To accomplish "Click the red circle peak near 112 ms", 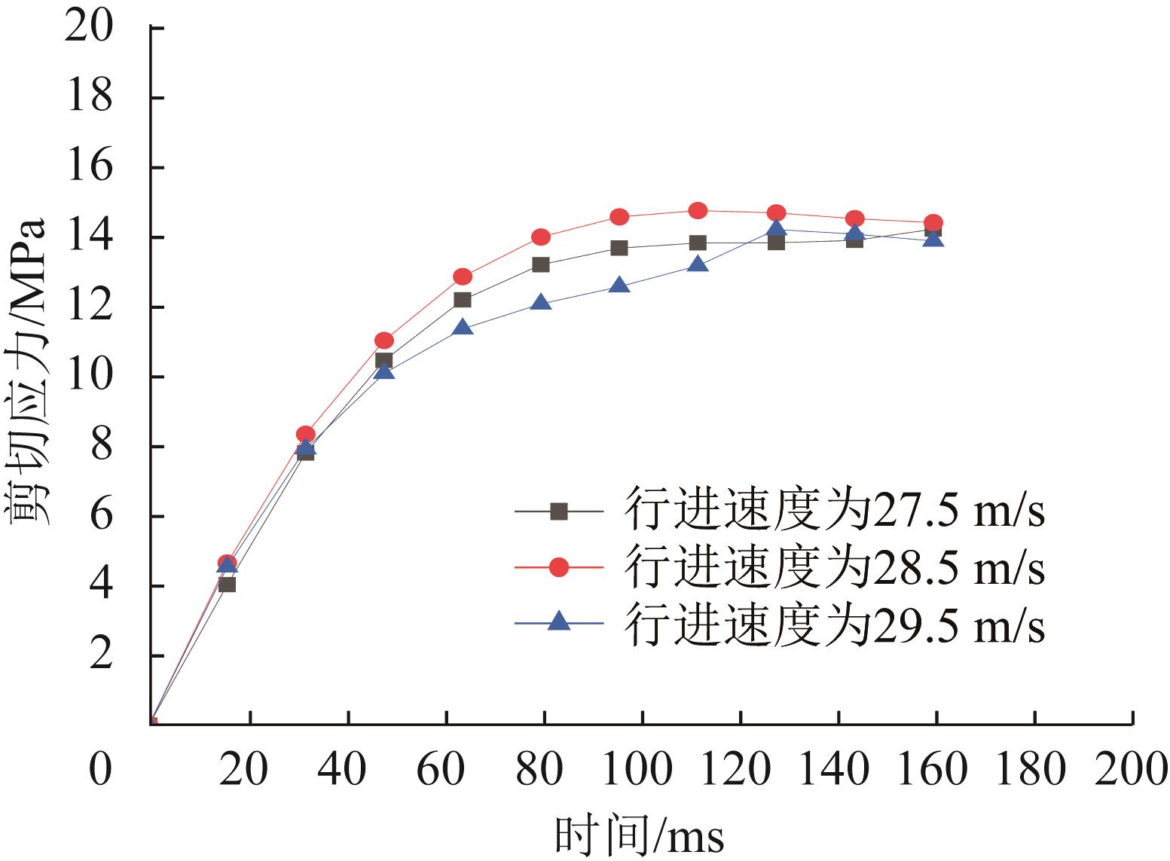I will pos(698,210).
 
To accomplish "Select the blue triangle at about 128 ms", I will pos(776,229).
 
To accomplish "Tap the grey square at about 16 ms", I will pos(227,584).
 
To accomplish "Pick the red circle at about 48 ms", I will pos(384,340).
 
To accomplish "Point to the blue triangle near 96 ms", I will pos(619,285).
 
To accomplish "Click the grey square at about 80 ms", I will pos(541,264).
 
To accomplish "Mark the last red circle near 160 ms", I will pos(933,222).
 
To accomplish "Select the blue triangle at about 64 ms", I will pos(463,328).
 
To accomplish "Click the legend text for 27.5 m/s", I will pos(835,512).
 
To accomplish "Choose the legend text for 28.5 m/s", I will pos(835,568).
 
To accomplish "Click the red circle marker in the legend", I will pos(558,567).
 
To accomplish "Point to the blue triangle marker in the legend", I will pos(558,622).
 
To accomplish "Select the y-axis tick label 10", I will pos(90,377).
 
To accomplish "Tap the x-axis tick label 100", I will pos(642,770).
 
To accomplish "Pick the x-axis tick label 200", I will pos(1132,770).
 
